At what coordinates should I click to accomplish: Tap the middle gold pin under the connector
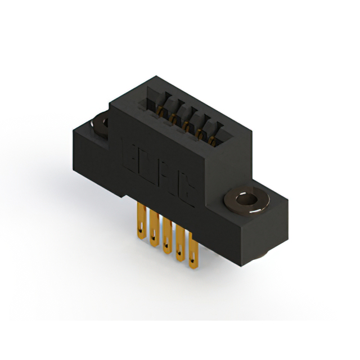click(x=166, y=237)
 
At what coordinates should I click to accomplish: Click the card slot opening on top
click(x=186, y=115)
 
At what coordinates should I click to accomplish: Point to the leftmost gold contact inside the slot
click(x=161, y=107)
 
